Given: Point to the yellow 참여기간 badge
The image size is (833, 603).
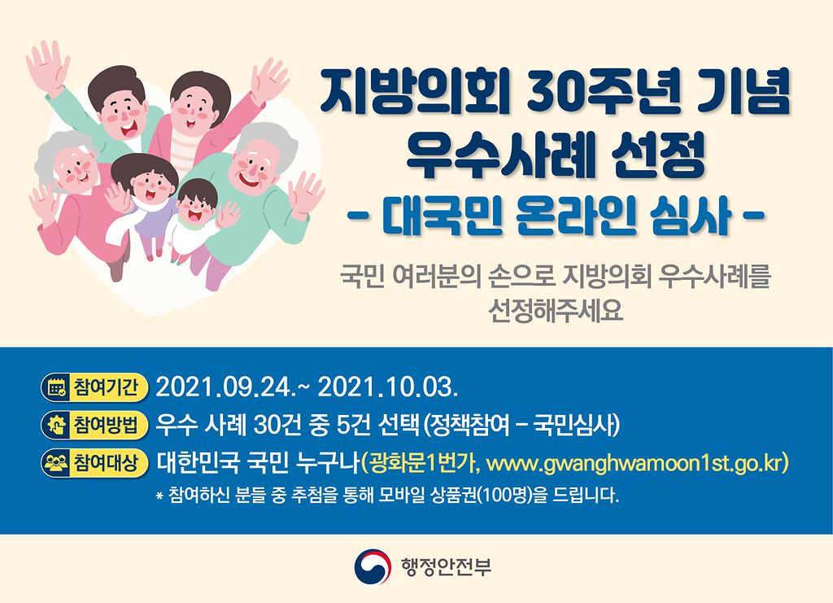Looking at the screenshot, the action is [x=94, y=387].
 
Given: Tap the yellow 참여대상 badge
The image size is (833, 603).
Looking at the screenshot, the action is [x=94, y=463].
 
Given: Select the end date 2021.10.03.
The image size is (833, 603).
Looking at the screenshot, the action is [x=387, y=388].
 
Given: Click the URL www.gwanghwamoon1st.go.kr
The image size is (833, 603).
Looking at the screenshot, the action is [x=635, y=463].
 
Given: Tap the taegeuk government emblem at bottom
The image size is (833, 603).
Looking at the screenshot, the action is [x=373, y=566].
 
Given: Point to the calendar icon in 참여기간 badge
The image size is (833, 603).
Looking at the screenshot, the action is [x=57, y=388].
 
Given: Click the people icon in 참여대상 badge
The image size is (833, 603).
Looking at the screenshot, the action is [x=57, y=463].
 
